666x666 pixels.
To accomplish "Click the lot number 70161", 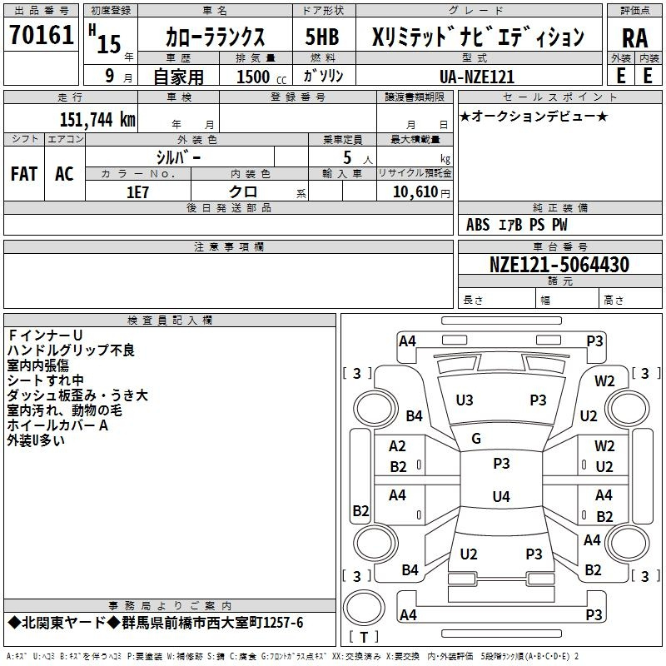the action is click(42, 34).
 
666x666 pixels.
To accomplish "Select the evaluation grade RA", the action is click(634, 38).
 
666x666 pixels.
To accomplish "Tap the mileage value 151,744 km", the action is click(97, 119).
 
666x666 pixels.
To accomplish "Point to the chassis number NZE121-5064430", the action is click(559, 265).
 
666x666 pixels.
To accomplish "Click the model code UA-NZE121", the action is click(477, 77).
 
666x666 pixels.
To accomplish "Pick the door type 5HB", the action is click(322, 37).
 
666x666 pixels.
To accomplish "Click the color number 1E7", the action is click(137, 192).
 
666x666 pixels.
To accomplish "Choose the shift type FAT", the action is click(24, 174).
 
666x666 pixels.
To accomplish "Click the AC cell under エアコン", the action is click(64, 174).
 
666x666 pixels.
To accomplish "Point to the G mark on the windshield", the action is click(476, 439).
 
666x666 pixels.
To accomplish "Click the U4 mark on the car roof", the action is click(501, 496).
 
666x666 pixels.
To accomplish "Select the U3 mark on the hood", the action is click(465, 400).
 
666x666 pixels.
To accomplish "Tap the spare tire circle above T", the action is click(364, 607).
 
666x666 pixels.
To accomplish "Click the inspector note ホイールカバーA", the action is click(57, 425).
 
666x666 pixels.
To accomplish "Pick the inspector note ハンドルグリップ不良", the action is click(71, 350).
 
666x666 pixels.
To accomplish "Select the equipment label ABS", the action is click(478, 225).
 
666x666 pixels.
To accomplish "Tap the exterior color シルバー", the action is click(178, 157).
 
